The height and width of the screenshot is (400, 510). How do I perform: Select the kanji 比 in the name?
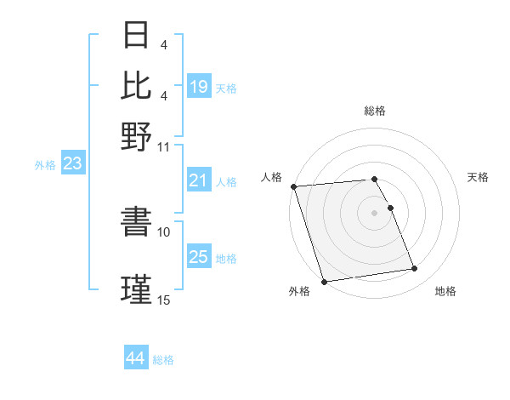[136, 85]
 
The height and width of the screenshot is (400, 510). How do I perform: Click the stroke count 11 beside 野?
[164, 146]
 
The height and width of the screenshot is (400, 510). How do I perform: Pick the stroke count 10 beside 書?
[164, 231]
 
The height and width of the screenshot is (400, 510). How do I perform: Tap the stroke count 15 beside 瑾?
[164, 300]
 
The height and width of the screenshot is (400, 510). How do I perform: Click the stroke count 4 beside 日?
[164, 44]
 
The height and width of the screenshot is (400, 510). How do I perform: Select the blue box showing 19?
[199, 87]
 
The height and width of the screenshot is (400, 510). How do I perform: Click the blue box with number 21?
[199, 180]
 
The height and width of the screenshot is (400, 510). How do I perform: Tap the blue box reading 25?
[199, 257]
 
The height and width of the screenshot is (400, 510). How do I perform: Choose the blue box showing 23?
[72, 164]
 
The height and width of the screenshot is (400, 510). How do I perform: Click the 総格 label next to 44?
[163, 360]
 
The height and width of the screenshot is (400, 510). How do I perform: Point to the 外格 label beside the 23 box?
[45, 165]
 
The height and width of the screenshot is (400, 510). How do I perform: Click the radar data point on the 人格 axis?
[294, 186]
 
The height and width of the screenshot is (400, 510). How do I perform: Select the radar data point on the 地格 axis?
[415, 269]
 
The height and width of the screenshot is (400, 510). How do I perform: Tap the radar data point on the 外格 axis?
[325, 282]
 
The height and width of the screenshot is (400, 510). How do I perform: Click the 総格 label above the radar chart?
[375, 111]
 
